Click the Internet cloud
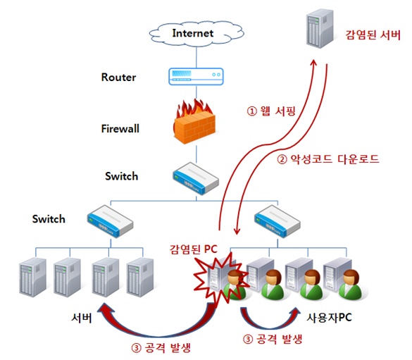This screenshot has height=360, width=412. [196, 34]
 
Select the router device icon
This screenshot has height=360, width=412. [196, 76]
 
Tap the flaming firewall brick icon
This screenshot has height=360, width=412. [194, 121]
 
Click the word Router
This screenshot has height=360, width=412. [118, 77]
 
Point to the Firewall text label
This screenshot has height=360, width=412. [120, 128]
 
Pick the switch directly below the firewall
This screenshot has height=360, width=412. [196, 178]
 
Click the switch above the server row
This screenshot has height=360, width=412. [110, 221]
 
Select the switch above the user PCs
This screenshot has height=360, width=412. [277, 221]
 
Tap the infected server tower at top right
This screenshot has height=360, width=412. [320, 28]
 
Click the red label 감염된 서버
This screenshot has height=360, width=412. [373, 35]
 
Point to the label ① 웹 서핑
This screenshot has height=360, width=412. [271, 111]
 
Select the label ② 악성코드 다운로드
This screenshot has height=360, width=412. [328, 159]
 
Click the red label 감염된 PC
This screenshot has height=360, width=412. [194, 249]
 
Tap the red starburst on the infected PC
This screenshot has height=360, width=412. [220, 279]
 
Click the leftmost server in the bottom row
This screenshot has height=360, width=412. [32, 278]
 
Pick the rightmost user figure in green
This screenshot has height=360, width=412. [350, 285]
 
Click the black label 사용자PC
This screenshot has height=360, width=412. [329, 318]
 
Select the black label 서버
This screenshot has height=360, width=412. [82, 318]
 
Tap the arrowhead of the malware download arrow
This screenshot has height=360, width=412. [237, 230]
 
